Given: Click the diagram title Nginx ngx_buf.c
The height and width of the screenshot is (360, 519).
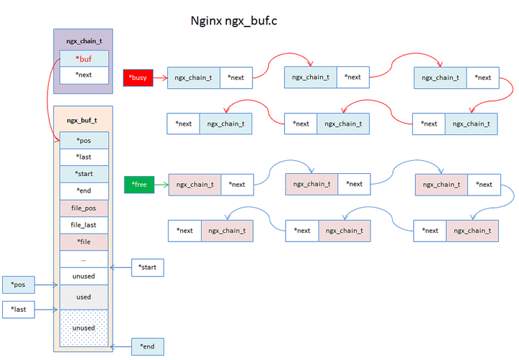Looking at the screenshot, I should [232, 21].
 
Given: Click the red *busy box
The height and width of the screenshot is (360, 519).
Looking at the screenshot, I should [138, 77].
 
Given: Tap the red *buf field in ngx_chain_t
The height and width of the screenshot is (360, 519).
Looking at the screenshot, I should [84, 58].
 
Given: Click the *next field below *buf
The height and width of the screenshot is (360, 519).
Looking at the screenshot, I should [84, 75].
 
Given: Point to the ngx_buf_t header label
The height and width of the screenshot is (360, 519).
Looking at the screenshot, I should [81, 120].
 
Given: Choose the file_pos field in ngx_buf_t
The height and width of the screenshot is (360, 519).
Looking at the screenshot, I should [84, 208].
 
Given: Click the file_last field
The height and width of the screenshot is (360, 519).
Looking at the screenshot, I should [84, 225].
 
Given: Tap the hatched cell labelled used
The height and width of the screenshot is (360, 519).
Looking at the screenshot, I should [84, 297].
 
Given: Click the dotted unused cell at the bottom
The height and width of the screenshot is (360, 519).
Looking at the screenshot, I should [84, 328].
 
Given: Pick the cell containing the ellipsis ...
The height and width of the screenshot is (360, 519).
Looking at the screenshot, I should [84, 258].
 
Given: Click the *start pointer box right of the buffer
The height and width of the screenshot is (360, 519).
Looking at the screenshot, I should [148, 268].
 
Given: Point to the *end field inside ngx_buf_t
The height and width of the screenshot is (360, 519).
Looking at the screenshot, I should [84, 191].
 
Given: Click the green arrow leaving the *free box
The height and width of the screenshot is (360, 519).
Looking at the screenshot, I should [160, 185].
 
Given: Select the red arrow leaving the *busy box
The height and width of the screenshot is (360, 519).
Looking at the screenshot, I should [160, 77].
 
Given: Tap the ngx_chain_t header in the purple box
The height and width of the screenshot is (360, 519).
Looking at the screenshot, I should [81, 42].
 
